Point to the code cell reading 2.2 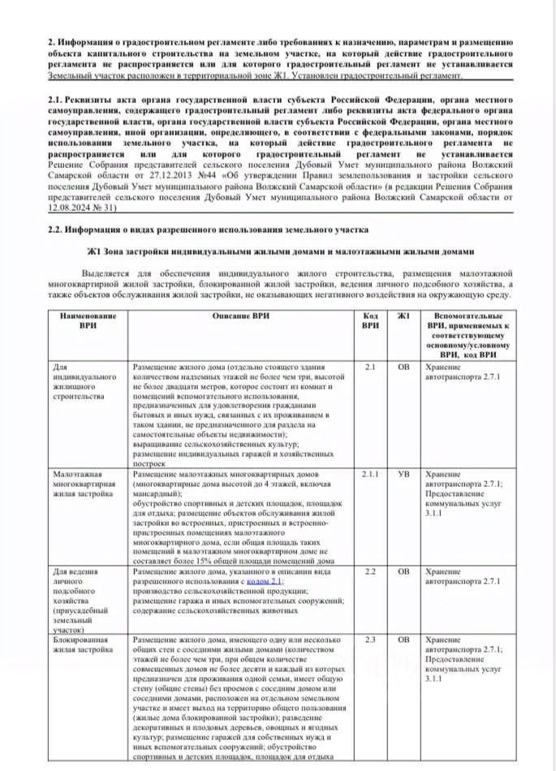point(370,571)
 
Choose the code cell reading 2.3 point(370,640)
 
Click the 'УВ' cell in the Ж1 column point(404,472)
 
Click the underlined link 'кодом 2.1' point(265,582)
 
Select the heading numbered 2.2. point(207,230)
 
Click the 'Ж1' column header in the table point(404,315)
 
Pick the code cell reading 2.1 point(370,367)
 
